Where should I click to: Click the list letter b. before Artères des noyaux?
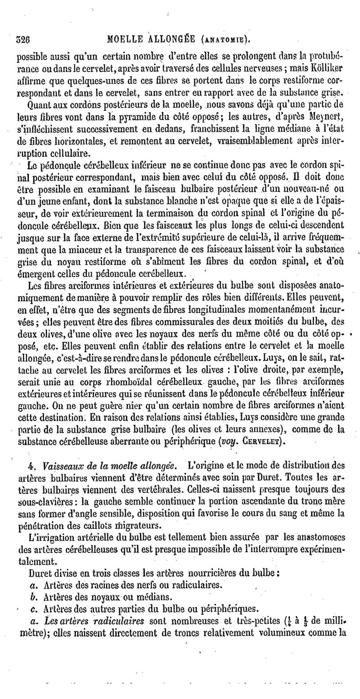[30, 597]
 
